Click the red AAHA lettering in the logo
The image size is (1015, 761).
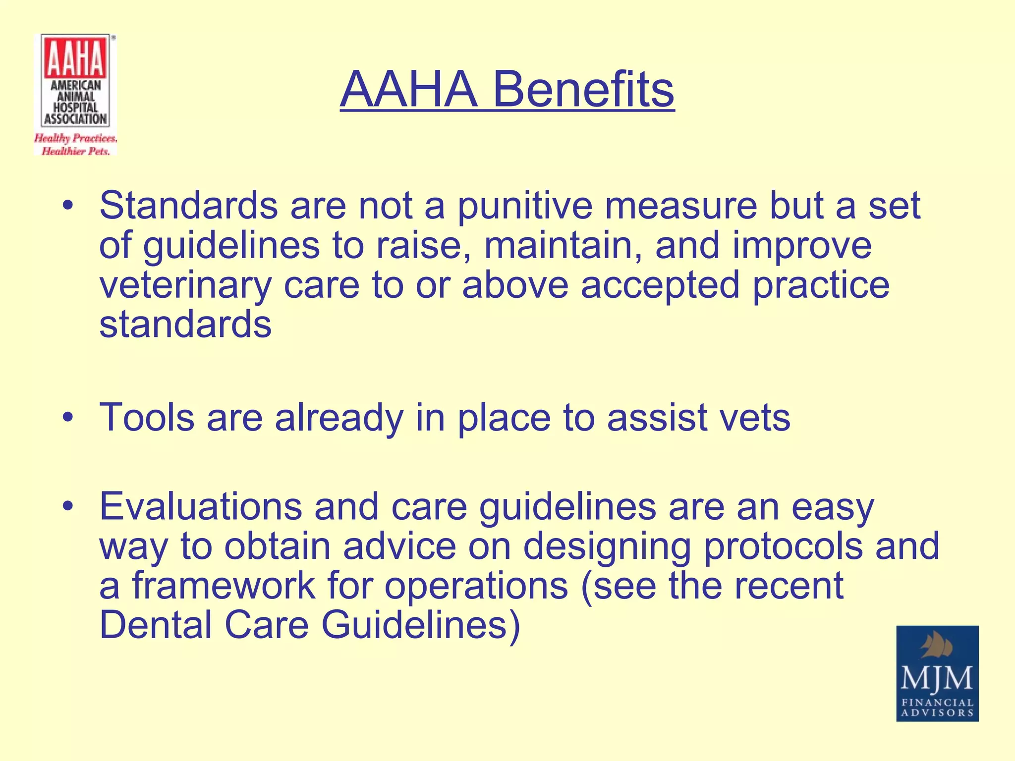point(76,58)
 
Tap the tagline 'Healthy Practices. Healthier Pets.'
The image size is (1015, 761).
point(75,144)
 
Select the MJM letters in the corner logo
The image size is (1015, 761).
point(937,678)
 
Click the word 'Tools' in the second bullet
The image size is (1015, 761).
point(147,417)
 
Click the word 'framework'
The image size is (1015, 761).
point(223,586)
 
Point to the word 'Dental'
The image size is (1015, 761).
point(156,625)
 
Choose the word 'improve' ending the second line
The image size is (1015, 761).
point(801,246)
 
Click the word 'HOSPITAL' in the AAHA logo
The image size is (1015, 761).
point(76,107)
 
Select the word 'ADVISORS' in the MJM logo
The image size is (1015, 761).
point(937,713)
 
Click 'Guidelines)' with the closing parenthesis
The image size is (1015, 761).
point(421,625)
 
